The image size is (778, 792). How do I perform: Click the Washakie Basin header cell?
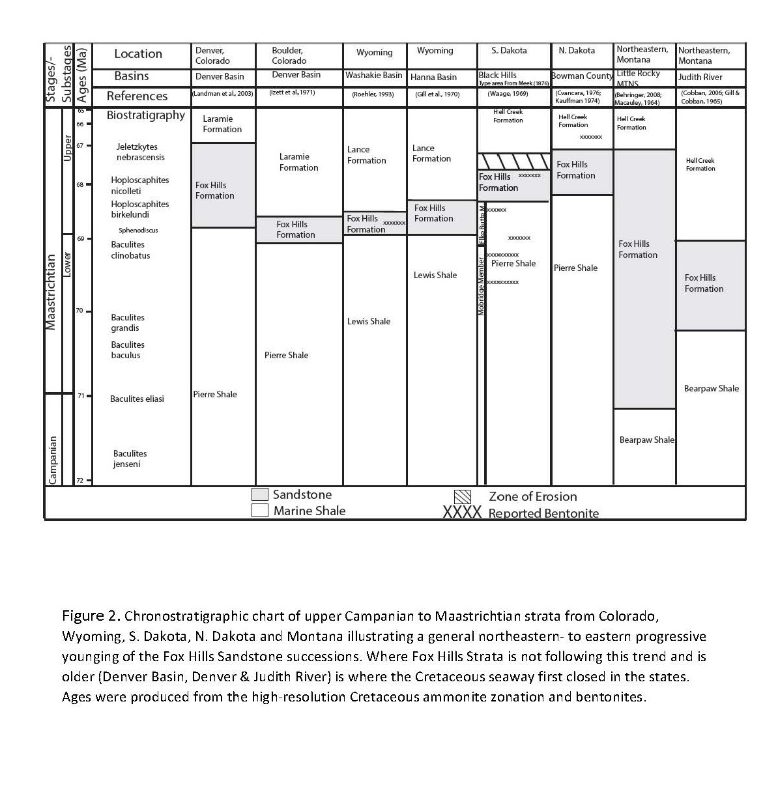(374, 76)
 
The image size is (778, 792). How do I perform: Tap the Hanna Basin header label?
(433, 77)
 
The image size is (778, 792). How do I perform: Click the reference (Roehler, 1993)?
(373, 94)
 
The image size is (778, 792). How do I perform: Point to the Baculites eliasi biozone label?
(137, 399)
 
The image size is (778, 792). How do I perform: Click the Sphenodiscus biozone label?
(138, 230)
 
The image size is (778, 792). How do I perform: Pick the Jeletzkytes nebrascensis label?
(141, 152)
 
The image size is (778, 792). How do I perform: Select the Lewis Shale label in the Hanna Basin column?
(435, 275)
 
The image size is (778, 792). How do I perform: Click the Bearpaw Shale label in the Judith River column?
(711, 388)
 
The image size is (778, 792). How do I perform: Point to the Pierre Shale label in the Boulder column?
(286, 355)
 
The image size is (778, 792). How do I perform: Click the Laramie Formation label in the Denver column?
(222, 124)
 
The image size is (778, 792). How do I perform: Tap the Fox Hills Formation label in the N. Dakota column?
(575, 170)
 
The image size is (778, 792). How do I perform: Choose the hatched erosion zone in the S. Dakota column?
(513, 161)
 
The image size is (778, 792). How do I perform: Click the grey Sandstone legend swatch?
(260, 494)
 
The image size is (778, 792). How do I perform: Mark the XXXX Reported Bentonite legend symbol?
(462, 513)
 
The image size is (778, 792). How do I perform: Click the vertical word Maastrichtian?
(51, 291)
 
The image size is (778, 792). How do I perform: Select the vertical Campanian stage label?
(53, 460)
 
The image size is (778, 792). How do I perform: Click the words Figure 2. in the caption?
(91, 616)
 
